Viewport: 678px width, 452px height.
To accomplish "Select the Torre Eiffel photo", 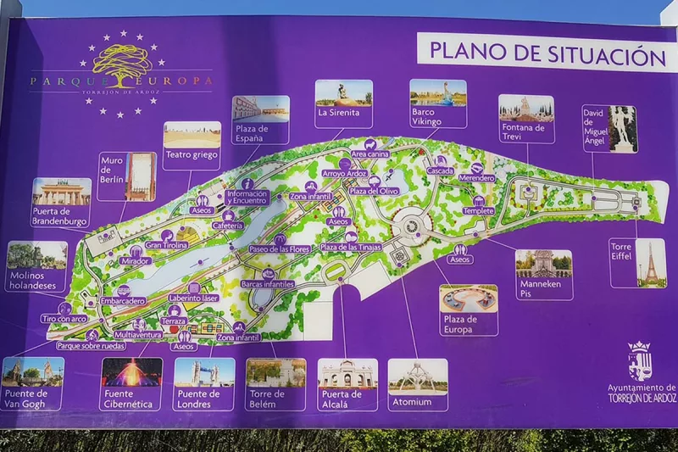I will [x=651, y=262].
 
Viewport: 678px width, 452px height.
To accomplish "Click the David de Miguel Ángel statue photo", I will [x=623, y=129].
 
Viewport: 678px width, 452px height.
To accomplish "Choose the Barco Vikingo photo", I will [x=437, y=92].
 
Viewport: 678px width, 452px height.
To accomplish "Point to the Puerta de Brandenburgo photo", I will [x=62, y=192].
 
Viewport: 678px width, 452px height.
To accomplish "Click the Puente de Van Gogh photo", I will [x=33, y=371].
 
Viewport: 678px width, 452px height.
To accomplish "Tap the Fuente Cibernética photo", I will [x=131, y=371].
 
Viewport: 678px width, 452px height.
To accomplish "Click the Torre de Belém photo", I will [x=275, y=371].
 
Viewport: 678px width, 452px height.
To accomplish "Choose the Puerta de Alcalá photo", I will [x=347, y=373].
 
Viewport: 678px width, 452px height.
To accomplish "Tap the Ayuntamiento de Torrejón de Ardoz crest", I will [x=638, y=360].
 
